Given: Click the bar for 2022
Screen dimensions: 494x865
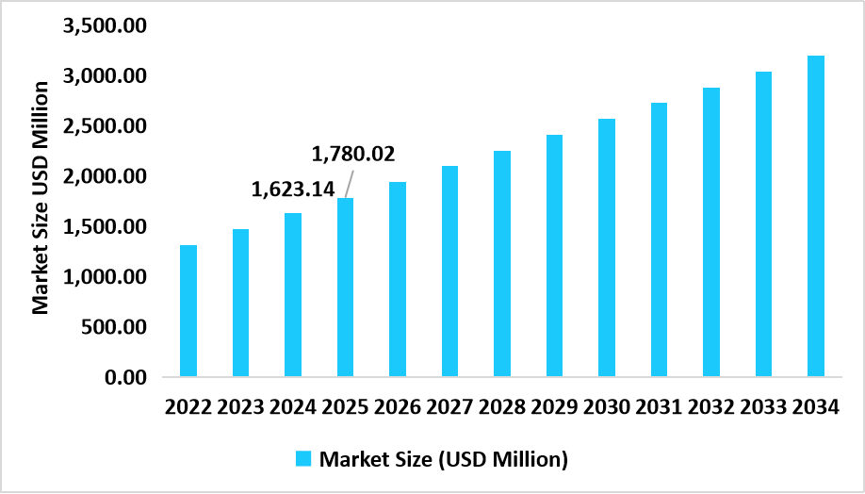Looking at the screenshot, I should click(188, 311).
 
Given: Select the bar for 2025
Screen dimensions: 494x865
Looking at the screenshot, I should click(345, 288).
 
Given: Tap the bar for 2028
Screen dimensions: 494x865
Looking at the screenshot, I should click(502, 264).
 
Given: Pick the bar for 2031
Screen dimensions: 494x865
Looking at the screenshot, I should click(659, 240).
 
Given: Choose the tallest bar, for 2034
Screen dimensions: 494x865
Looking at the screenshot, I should click(816, 217).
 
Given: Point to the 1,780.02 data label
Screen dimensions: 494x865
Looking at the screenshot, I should click(352, 153).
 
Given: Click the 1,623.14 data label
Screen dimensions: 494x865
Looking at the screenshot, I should click(292, 189).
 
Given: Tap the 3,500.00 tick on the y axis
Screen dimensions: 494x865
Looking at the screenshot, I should click(104, 25).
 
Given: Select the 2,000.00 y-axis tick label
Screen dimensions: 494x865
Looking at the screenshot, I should click(104, 176).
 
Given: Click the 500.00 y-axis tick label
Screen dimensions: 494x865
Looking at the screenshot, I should click(114, 327).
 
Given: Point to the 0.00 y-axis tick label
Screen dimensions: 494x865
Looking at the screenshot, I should click(124, 377).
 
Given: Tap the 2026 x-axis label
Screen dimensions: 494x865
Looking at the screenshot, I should click(398, 407).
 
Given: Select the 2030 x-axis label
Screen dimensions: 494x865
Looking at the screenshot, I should click(607, 407).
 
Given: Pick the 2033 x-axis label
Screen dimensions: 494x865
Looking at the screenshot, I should click(763, 407).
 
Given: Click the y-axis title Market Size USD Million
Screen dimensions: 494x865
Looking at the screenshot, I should click(41, 198).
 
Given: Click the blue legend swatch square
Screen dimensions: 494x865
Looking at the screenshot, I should click(303, 459).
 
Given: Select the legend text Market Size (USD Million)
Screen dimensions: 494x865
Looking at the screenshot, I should click(443, 460).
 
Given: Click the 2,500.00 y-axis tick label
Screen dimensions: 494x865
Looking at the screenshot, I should click(104, 126).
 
